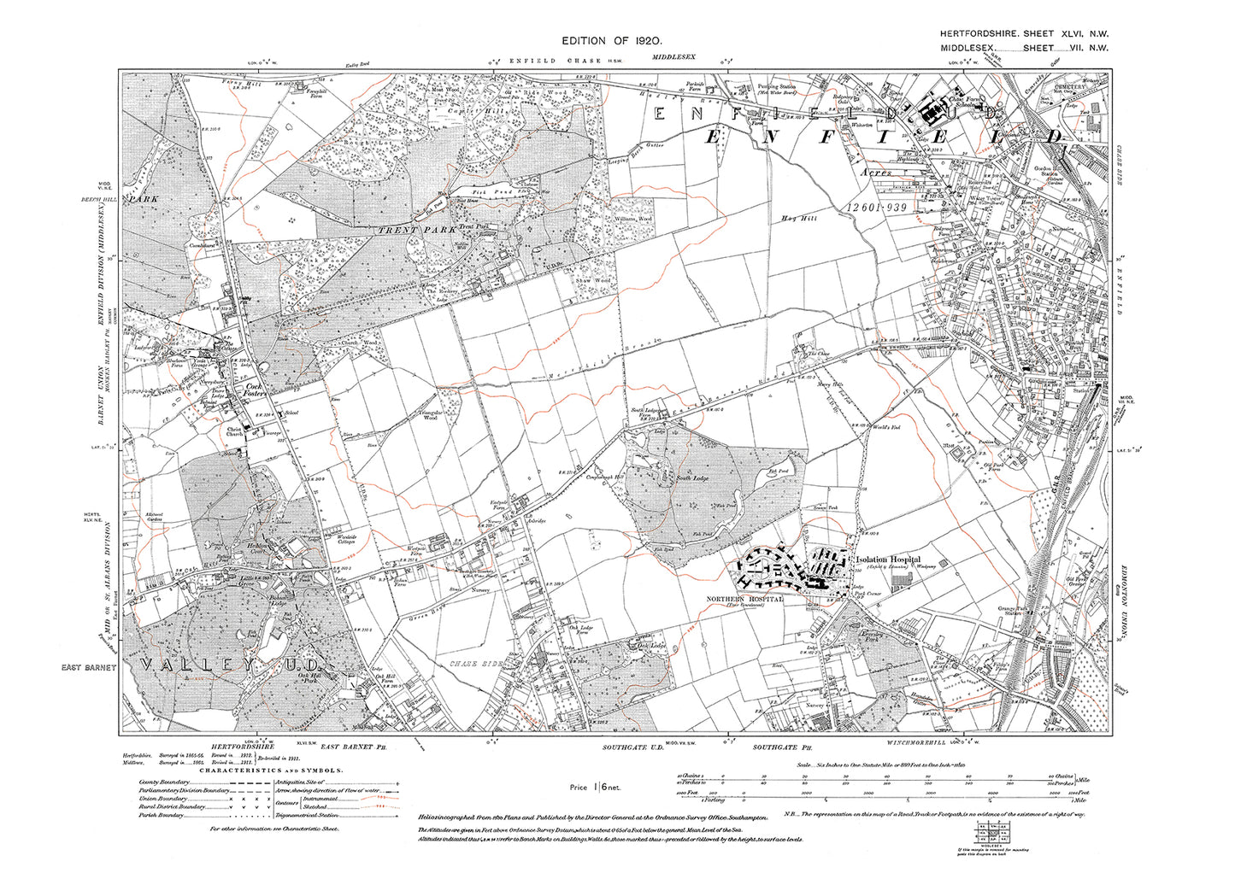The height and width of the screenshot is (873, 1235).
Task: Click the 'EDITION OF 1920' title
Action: pos(612,41)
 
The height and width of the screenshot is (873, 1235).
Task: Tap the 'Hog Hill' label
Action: pos(795,218)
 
